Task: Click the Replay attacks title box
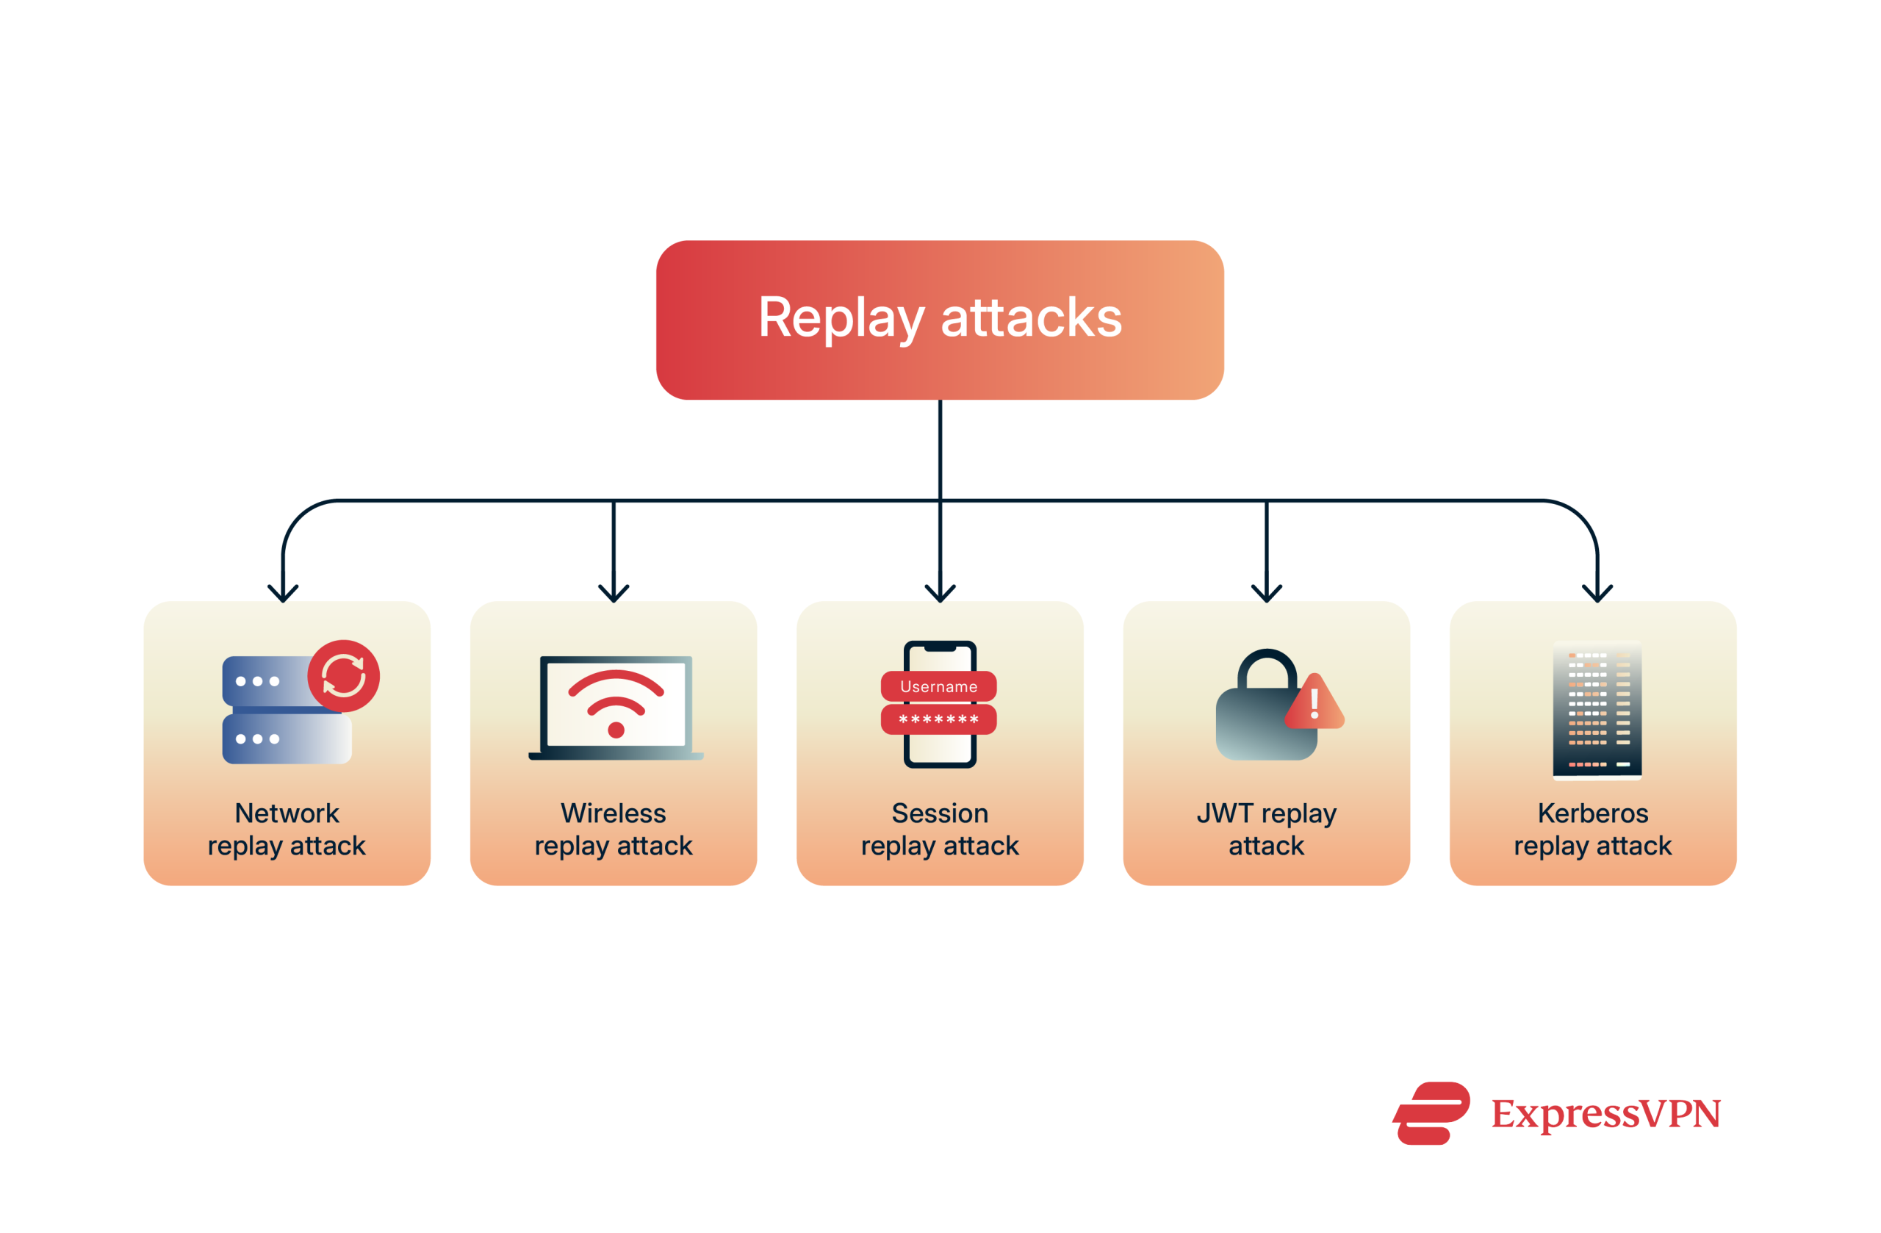click(940, 320)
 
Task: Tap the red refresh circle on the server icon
click(343, 676)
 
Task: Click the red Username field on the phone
click(938, 686)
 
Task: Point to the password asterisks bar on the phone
click(938, 719)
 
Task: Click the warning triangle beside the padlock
click(1314, 703)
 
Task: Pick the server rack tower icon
click(1597, 710)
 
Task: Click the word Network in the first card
click(287, 813)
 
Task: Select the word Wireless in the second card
click(614, 813)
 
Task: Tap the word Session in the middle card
click(940, 813)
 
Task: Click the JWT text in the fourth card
click(1224, 813)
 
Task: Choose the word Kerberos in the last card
click(1592, 813)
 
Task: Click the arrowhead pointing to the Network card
click(283, 594)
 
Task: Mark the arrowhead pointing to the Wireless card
click(614, 594)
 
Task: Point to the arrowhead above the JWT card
click(1266, 594)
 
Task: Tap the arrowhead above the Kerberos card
click(1597, 594)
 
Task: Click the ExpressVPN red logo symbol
click(1431, 1113)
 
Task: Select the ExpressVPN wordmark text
click(1605, 1114)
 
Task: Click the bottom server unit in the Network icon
click(287, 739)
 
